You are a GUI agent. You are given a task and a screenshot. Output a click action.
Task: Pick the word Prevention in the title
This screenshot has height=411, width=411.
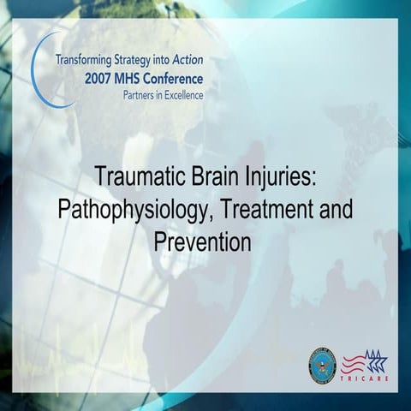coord(202,240)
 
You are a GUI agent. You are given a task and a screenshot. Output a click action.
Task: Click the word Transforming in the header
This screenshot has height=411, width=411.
coord(89,62)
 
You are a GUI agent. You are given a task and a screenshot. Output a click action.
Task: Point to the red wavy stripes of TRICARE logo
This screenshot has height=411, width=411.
coord(357,362)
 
